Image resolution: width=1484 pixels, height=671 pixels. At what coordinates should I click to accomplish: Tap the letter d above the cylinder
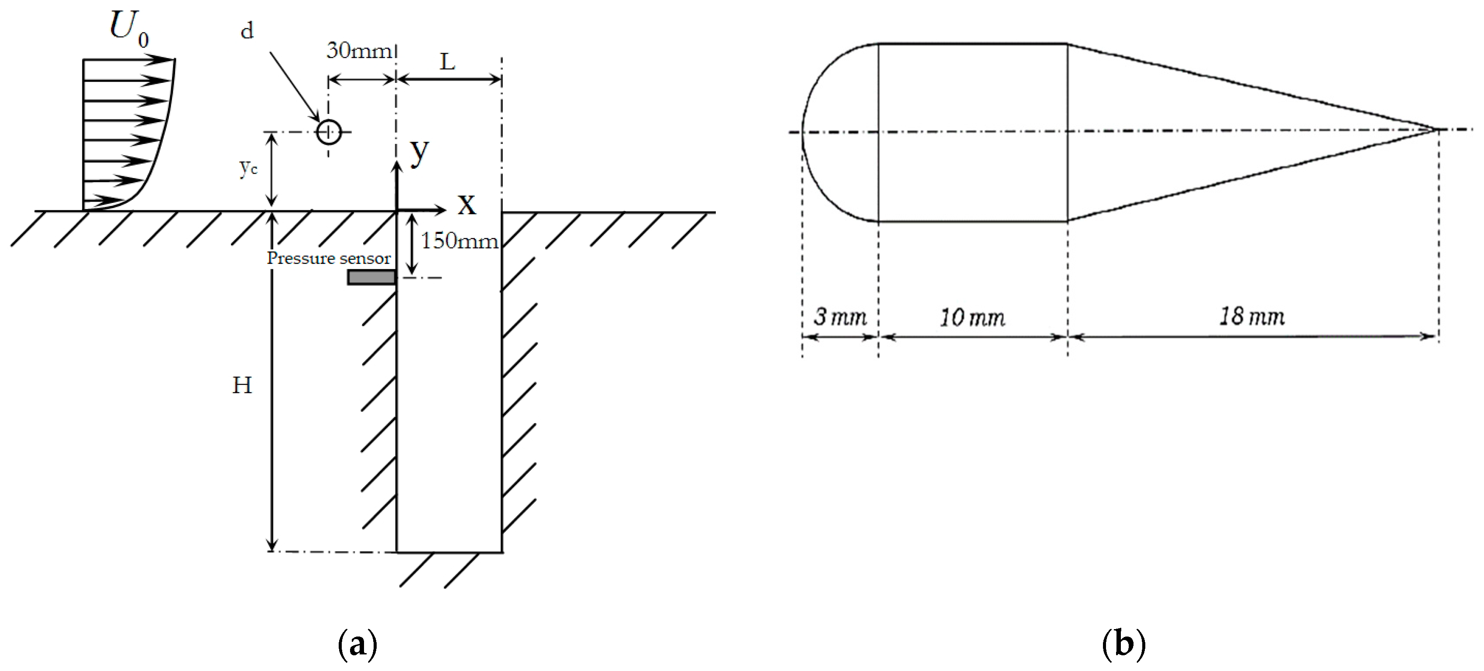(x=247, y=31)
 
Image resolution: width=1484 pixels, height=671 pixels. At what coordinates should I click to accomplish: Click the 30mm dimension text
(x=359, y=51)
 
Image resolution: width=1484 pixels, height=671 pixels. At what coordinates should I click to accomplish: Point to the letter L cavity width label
(x=448, y=61)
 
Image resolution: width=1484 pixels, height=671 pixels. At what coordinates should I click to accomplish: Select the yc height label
(x=248, y=168)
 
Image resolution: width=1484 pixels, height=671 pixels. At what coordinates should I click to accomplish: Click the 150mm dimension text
(x=459, y=241)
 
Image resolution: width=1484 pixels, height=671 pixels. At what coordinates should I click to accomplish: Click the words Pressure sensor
(x=328, y=258)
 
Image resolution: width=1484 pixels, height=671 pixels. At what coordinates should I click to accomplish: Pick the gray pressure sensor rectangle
(x=371, y=277)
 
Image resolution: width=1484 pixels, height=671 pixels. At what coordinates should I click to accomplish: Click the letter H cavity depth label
(x=242, y=385)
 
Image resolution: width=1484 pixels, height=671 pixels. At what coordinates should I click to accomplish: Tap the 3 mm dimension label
(x=839, y=317)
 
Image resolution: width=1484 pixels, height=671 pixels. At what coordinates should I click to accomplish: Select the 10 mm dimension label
(x=972, y=317)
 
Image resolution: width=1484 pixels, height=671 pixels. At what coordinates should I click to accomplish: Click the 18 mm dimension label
(x=1252, y=316)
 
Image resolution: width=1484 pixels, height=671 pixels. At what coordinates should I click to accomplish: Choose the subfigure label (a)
(x=357, y=644)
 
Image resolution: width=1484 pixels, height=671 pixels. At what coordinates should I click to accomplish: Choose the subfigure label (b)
(x=1123, y=644)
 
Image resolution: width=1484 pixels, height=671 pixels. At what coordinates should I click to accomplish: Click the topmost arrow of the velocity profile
(x=129, y=59)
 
